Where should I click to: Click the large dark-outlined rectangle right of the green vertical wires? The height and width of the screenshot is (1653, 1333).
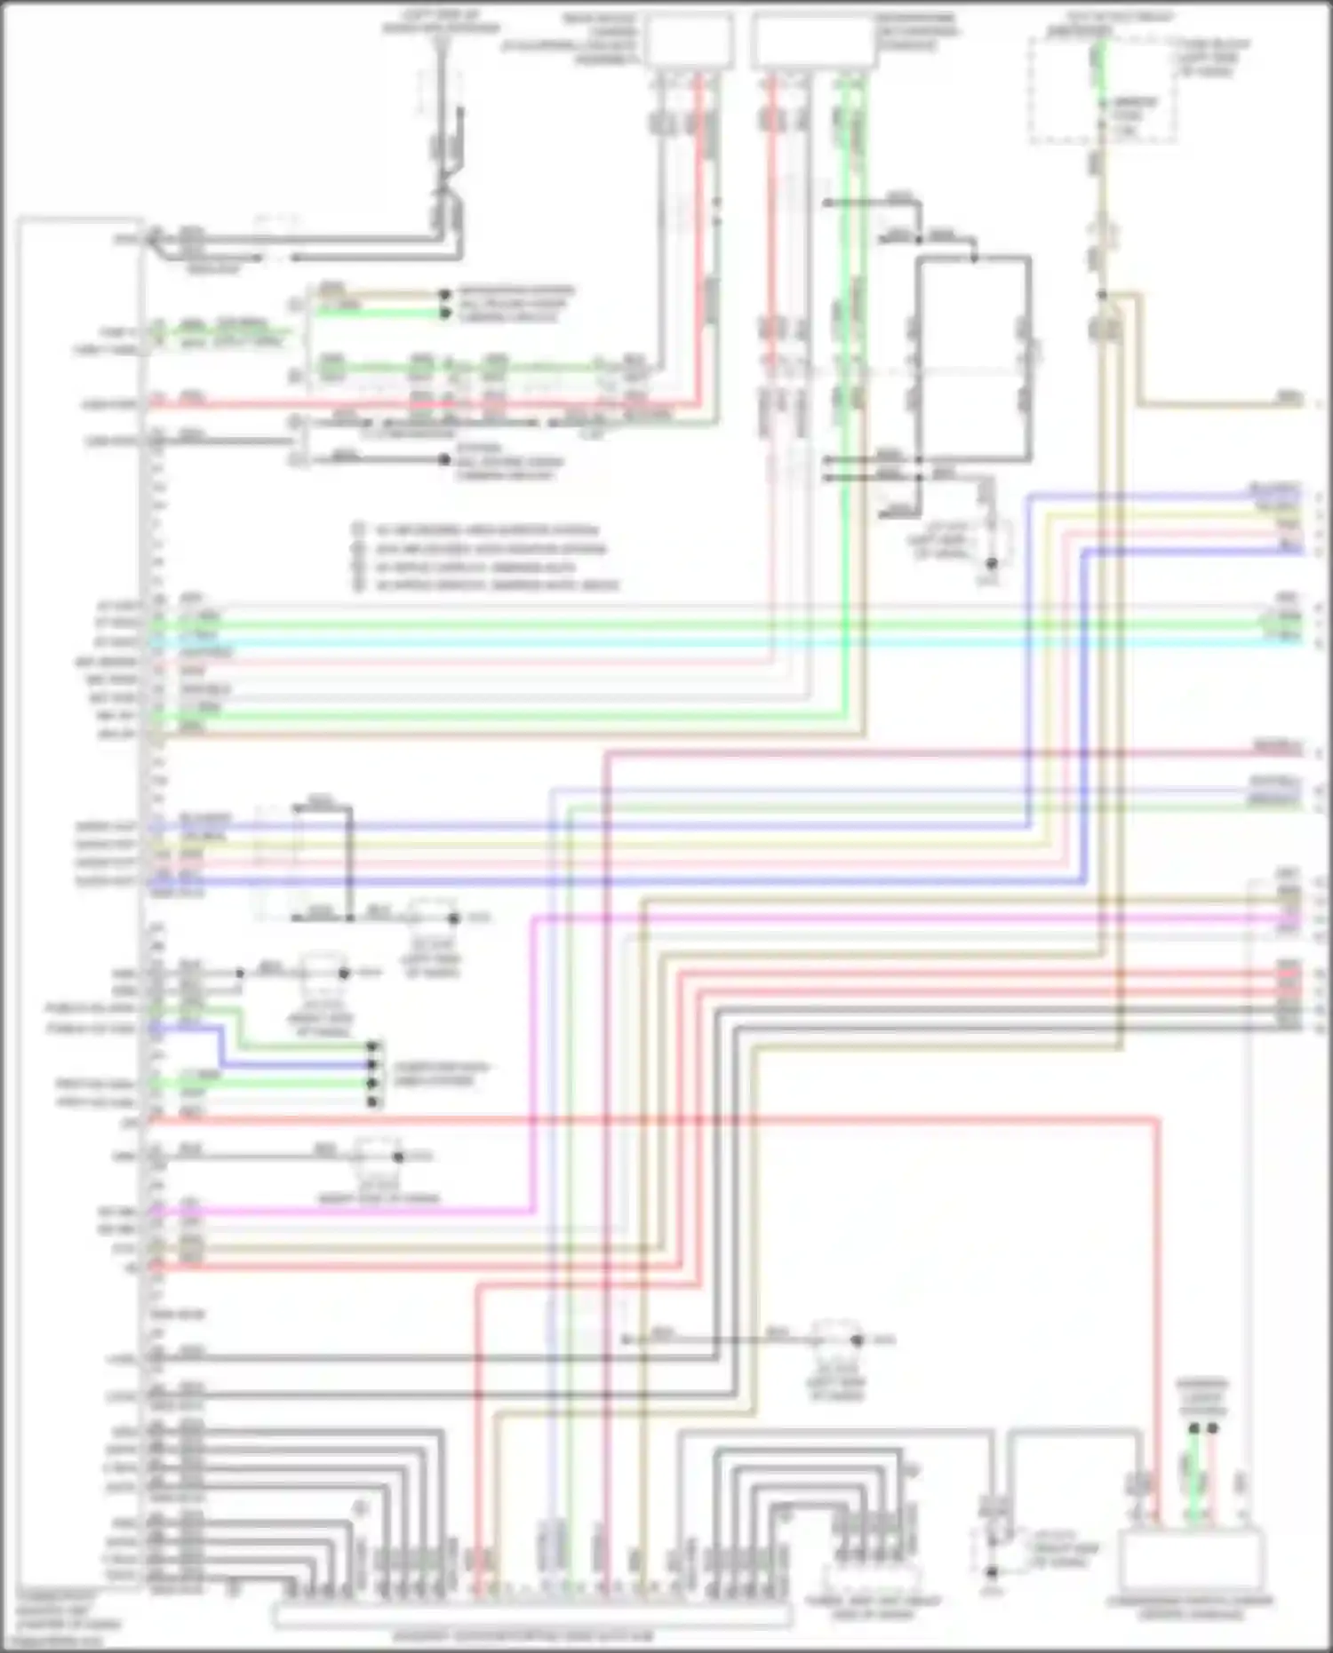(x=974, y=359)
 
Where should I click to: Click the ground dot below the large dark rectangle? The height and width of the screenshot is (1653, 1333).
(x=992, y=563)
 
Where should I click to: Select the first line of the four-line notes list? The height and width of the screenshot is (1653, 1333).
(x=484, y=530)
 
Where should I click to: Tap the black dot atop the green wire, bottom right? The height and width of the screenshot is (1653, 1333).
(x=1193, y=1428)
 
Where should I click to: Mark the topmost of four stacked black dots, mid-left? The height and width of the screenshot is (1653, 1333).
(x=374, y=1047)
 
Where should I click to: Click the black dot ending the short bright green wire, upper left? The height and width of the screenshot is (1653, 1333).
(x=444, y=313)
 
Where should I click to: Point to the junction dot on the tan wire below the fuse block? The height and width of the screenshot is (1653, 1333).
(x=1101, y=294)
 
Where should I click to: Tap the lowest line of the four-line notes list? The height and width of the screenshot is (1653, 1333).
(x=493, y=585)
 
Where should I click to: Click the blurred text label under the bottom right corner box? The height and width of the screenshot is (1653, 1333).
(x=1191, y=1606)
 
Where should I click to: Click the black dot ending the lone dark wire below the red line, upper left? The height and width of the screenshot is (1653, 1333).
(x=444, y=460)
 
